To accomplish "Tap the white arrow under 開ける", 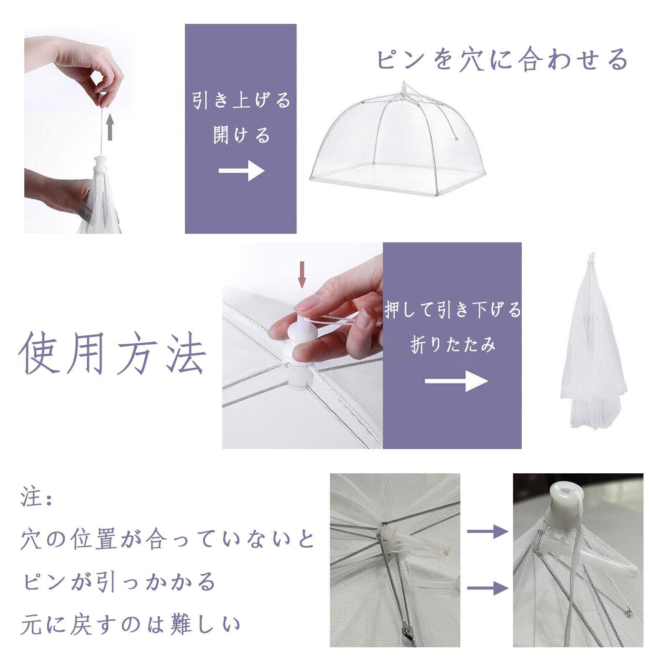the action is click(241, 171).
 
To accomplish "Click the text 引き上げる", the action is click(241, 101).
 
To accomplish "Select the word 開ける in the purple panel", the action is click(241, 135).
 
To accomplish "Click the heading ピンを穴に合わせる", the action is click(502, 59).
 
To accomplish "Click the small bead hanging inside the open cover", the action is click(457, 136).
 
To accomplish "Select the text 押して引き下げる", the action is click(453, 310).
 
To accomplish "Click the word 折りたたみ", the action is click(453, 345).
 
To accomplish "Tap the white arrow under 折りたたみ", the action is click(456, 380).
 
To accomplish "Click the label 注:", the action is click(36, 499).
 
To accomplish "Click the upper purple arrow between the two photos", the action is click(488, 531).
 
